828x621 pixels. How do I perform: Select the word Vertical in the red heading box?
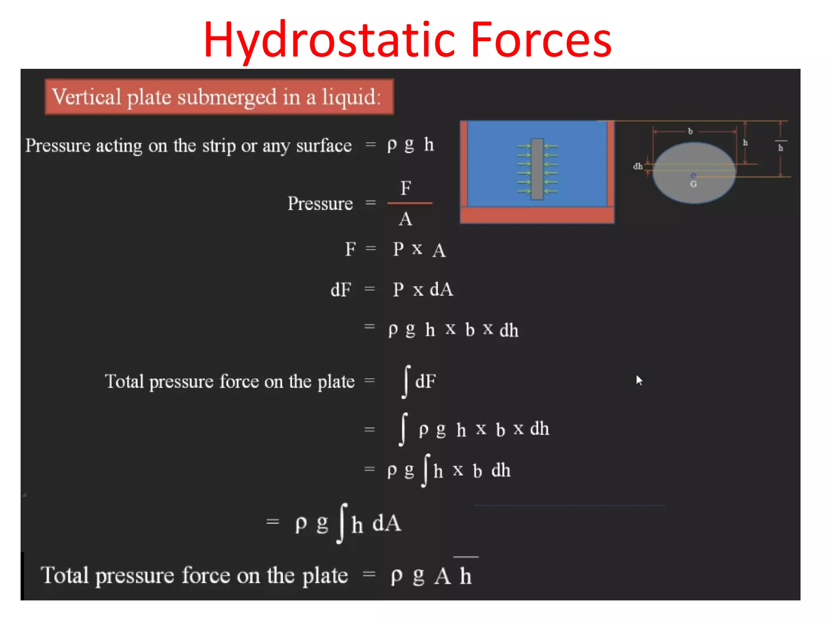(x=87, y=97)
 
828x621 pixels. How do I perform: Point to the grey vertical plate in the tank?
(x=537, y=169)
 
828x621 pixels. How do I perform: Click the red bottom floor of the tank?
(x=537, y=215)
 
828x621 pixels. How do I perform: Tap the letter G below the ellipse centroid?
(x=693, y=184)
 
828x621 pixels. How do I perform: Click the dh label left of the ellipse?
(x=638, y=166)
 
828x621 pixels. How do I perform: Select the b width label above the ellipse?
(x=691, y=131)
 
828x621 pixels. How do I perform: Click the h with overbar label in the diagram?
(x=781, y=147)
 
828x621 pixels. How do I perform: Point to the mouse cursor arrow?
(x=639, y=380)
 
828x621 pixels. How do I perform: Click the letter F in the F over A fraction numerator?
(x=406, y=188)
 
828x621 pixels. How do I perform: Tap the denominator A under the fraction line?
(x=406, y=219)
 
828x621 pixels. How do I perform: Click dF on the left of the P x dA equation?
(x=341, y=290)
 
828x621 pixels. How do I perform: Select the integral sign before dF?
(x=406, y=382)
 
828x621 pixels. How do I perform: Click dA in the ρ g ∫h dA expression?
(x=387, y=523)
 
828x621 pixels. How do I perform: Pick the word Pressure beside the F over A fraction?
(x=320, y=203)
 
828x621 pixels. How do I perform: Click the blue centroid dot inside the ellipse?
(x=693, y=175)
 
